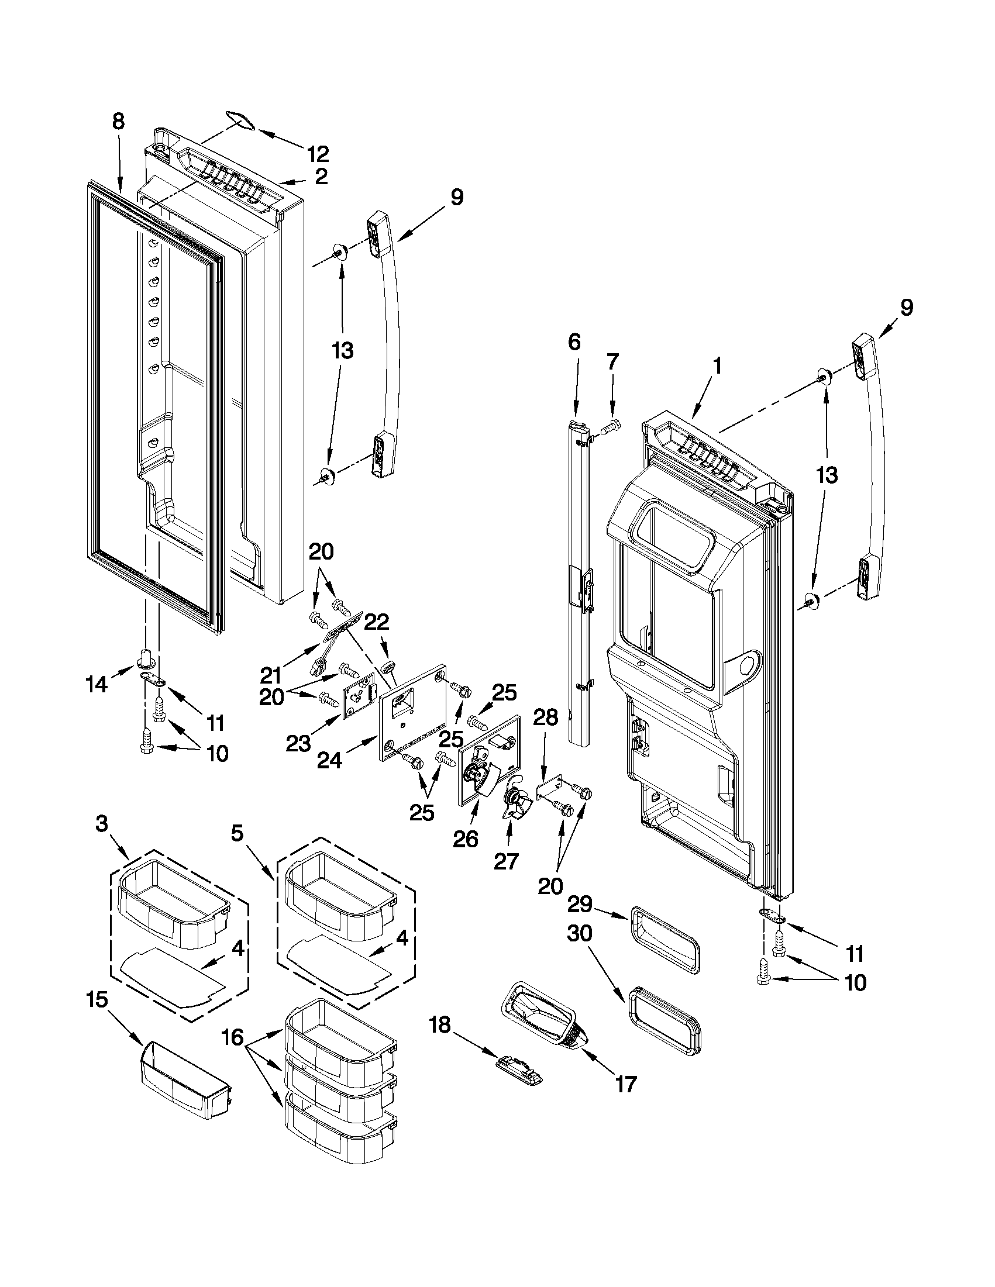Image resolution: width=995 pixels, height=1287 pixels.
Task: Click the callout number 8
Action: [x=118, y=122]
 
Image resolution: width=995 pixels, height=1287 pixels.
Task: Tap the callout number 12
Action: [x=318, y=154]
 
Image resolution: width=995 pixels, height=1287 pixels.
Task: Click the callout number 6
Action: [x=574, y=342]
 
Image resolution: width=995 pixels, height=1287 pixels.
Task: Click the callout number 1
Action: [x=717, y=367]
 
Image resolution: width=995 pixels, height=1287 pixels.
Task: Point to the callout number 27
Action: [x=505, y=861]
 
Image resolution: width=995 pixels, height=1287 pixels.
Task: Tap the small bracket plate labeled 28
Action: [x=548, y=790]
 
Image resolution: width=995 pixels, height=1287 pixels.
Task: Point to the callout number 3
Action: [x=102, y=823]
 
